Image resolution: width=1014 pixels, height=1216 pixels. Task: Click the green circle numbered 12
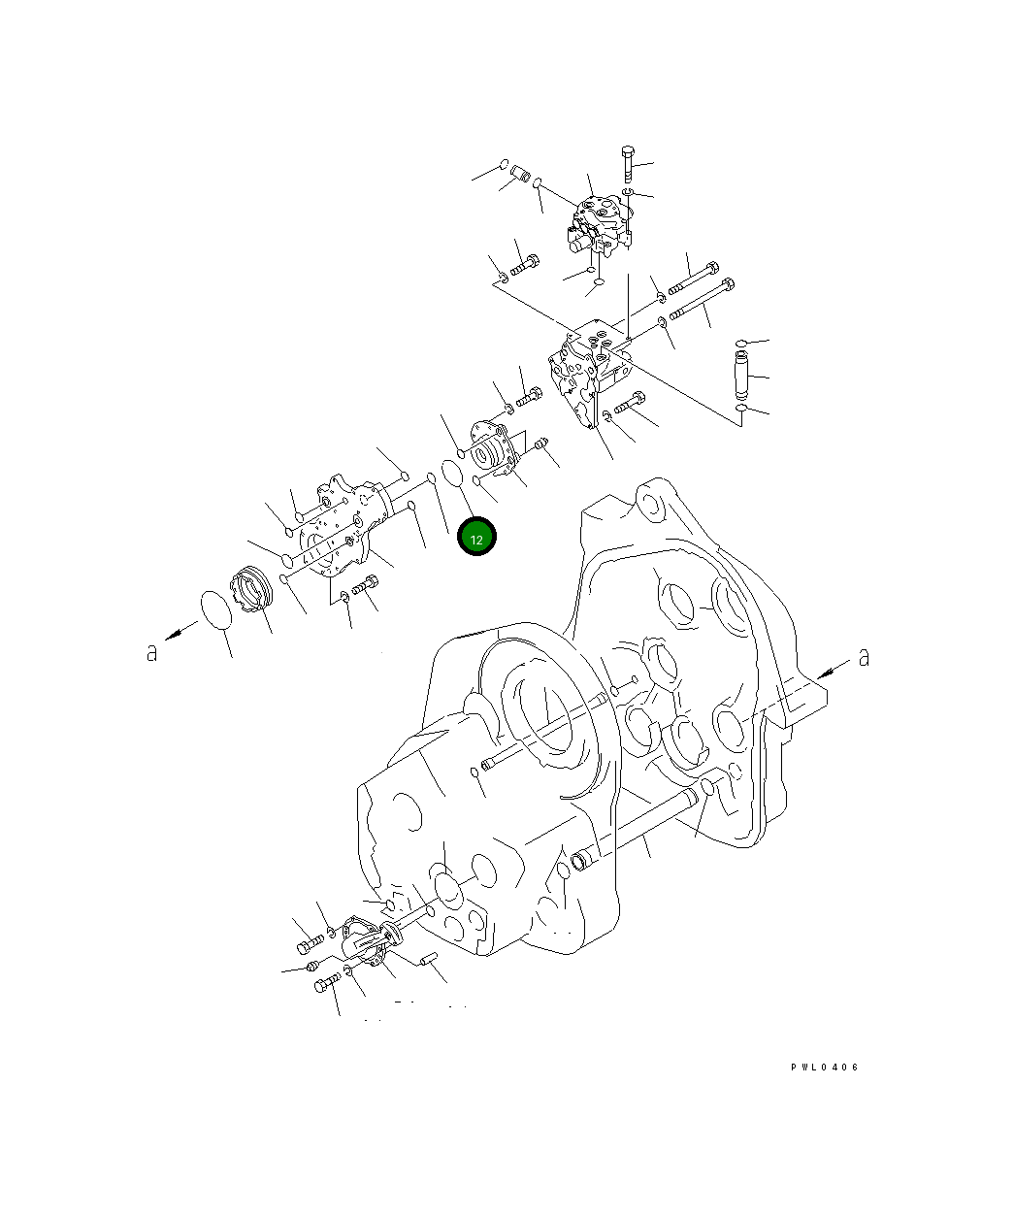(x=476, y=538)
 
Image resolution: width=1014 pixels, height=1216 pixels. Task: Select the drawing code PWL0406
(x=824, y=1068)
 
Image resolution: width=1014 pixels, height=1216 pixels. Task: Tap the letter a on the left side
(x=151, y=653)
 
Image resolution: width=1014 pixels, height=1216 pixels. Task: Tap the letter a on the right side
(x=864, y=658)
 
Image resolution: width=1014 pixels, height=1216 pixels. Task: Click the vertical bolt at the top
(x=626, y=163)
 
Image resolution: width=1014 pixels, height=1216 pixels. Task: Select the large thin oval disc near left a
(x=217, y=611)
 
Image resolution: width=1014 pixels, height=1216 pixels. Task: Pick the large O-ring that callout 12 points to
(x=452, y=473)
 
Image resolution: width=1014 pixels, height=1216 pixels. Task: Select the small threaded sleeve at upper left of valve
(x=519, y=176)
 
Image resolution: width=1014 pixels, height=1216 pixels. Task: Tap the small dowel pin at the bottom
(x=431, y=961)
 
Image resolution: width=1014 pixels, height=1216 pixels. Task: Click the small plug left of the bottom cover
(x=311, y=966)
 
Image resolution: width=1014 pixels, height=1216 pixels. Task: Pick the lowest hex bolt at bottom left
(x=326, y=986)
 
